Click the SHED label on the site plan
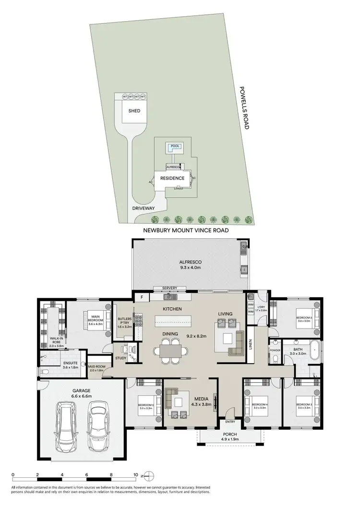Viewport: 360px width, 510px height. point(134,111)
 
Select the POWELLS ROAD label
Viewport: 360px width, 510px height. point(246,109)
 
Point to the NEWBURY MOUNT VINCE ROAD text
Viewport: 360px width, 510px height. point(185,231)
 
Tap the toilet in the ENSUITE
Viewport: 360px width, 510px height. point(43,372)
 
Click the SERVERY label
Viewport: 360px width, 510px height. point(170,288)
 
